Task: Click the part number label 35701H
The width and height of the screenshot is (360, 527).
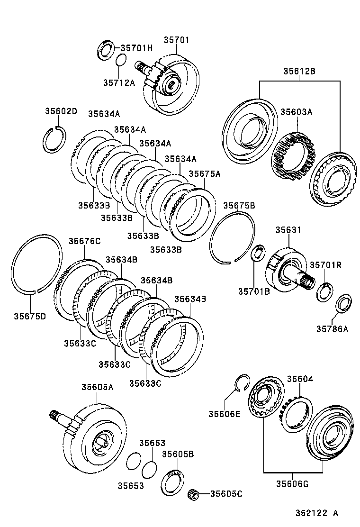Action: [136, 48]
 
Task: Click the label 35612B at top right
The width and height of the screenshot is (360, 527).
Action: [299, 72]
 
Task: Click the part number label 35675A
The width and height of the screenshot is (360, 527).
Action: [205, 174]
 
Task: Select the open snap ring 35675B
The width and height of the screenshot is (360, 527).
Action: [232, 236]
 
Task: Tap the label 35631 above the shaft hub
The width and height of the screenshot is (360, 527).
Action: [288, 230]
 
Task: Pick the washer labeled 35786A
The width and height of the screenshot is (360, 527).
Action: [343, 303]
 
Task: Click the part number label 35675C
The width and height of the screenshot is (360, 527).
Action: [84, 241]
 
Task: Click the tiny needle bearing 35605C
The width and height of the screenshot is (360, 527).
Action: [193, 494]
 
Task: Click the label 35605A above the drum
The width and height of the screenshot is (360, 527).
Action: [97, 387]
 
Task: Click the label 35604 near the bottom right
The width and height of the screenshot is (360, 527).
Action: [299, 379]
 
